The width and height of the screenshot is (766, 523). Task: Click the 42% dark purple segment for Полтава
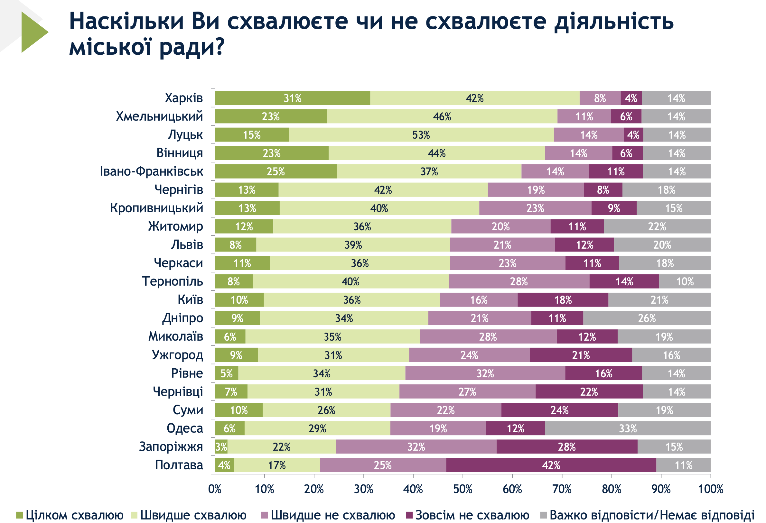[551, 465]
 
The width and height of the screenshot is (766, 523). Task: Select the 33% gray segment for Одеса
[628, 428]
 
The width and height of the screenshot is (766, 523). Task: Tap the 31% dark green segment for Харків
[292, 98]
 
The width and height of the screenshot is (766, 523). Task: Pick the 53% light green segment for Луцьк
[421, 135]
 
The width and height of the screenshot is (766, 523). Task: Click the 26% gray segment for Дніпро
[647, 318]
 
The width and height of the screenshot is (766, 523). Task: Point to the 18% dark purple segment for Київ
[563, 300]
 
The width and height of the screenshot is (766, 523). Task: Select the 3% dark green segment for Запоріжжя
[221, 447]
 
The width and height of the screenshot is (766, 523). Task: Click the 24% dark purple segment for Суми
[559, 410]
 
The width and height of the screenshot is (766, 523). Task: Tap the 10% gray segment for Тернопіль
[685, 281]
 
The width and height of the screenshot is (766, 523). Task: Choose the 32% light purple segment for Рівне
[485, 373]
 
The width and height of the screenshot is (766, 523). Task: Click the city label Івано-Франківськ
[152, 171]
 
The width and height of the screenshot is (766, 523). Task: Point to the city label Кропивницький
[156, 208]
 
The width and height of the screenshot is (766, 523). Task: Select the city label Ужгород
[177, 355]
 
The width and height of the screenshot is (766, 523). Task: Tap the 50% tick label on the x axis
[462, 489]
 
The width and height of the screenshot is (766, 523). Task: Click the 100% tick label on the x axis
[710, 489]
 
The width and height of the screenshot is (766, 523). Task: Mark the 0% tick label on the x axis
[215, 489]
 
